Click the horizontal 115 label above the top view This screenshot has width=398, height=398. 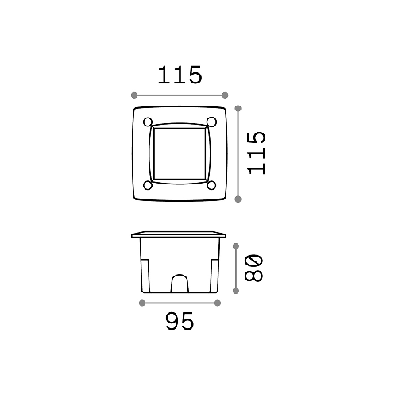coord(180,75)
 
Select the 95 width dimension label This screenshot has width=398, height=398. coord(180,322)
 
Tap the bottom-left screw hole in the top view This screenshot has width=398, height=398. coord(148,185)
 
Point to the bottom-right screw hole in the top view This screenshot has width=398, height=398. coord(212,185)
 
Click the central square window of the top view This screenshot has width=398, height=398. coord(180,153)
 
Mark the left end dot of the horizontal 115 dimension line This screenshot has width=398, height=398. coord(133,95)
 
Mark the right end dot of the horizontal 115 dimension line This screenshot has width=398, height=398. coord(227,95)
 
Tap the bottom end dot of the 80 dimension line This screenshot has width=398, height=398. coord(237,292)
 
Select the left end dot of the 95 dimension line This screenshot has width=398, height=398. coord(141,303)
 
